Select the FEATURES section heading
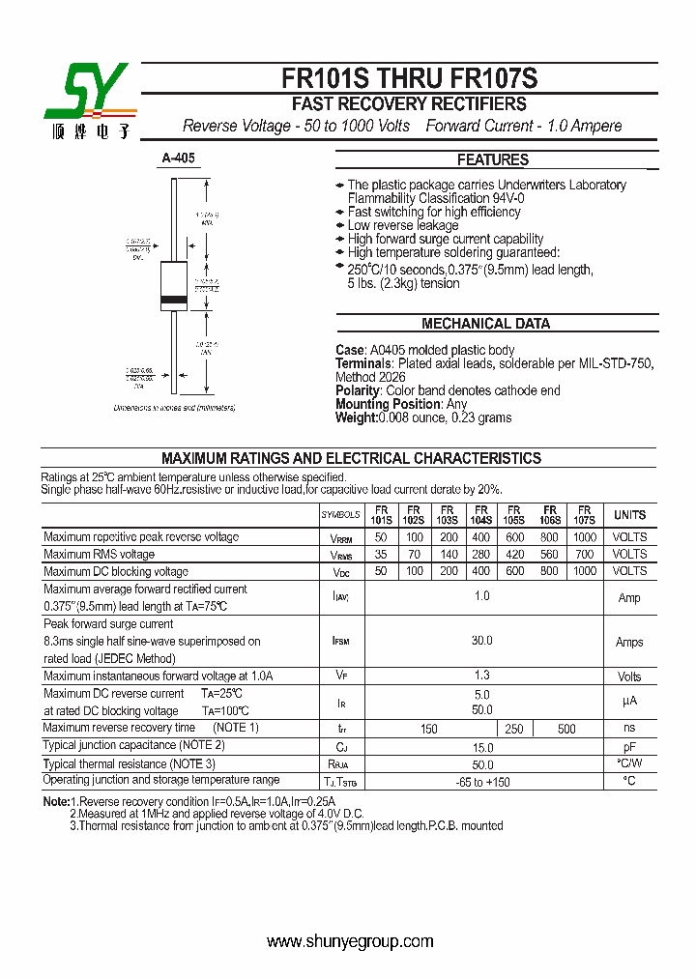tap(492, 160)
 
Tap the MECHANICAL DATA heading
tap(485, 324)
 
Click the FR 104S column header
tap(480, 515)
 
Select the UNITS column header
tap(629, 515)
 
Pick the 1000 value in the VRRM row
tap(585, 537)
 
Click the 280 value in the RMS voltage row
tap(480, 555)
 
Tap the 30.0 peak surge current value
tap(481, 641)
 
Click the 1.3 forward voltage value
tap(481, 676)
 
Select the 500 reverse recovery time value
tap(566, 729)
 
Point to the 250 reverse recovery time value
tap(514, 729)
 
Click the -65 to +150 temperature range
tap(481, 781)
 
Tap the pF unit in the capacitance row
tap(629, 747)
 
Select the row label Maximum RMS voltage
tap(100, 555)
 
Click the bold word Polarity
tap(359, 390)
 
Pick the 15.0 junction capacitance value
tap(481, 747)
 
